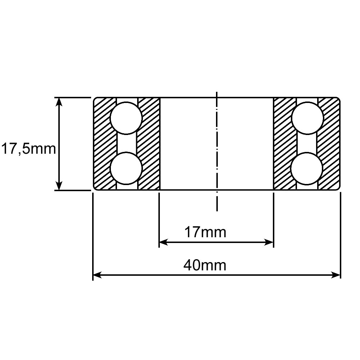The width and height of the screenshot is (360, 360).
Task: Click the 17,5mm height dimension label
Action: (x=29, y=149)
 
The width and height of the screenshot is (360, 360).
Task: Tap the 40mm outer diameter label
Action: (x=205, y=265)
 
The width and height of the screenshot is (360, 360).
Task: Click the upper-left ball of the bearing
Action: (x=126, y=118)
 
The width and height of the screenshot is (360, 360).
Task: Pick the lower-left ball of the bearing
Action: (x=126, y=168)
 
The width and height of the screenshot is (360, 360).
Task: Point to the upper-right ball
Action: (x=307, y=118)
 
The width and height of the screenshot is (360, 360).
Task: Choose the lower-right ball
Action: (x=307, y=168)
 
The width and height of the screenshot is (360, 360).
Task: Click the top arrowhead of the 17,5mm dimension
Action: (x=59, y=102)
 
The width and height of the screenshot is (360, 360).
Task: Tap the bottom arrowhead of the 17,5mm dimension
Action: (x=59, y=185)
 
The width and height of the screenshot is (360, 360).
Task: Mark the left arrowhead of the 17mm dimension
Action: (x=163, y=242)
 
